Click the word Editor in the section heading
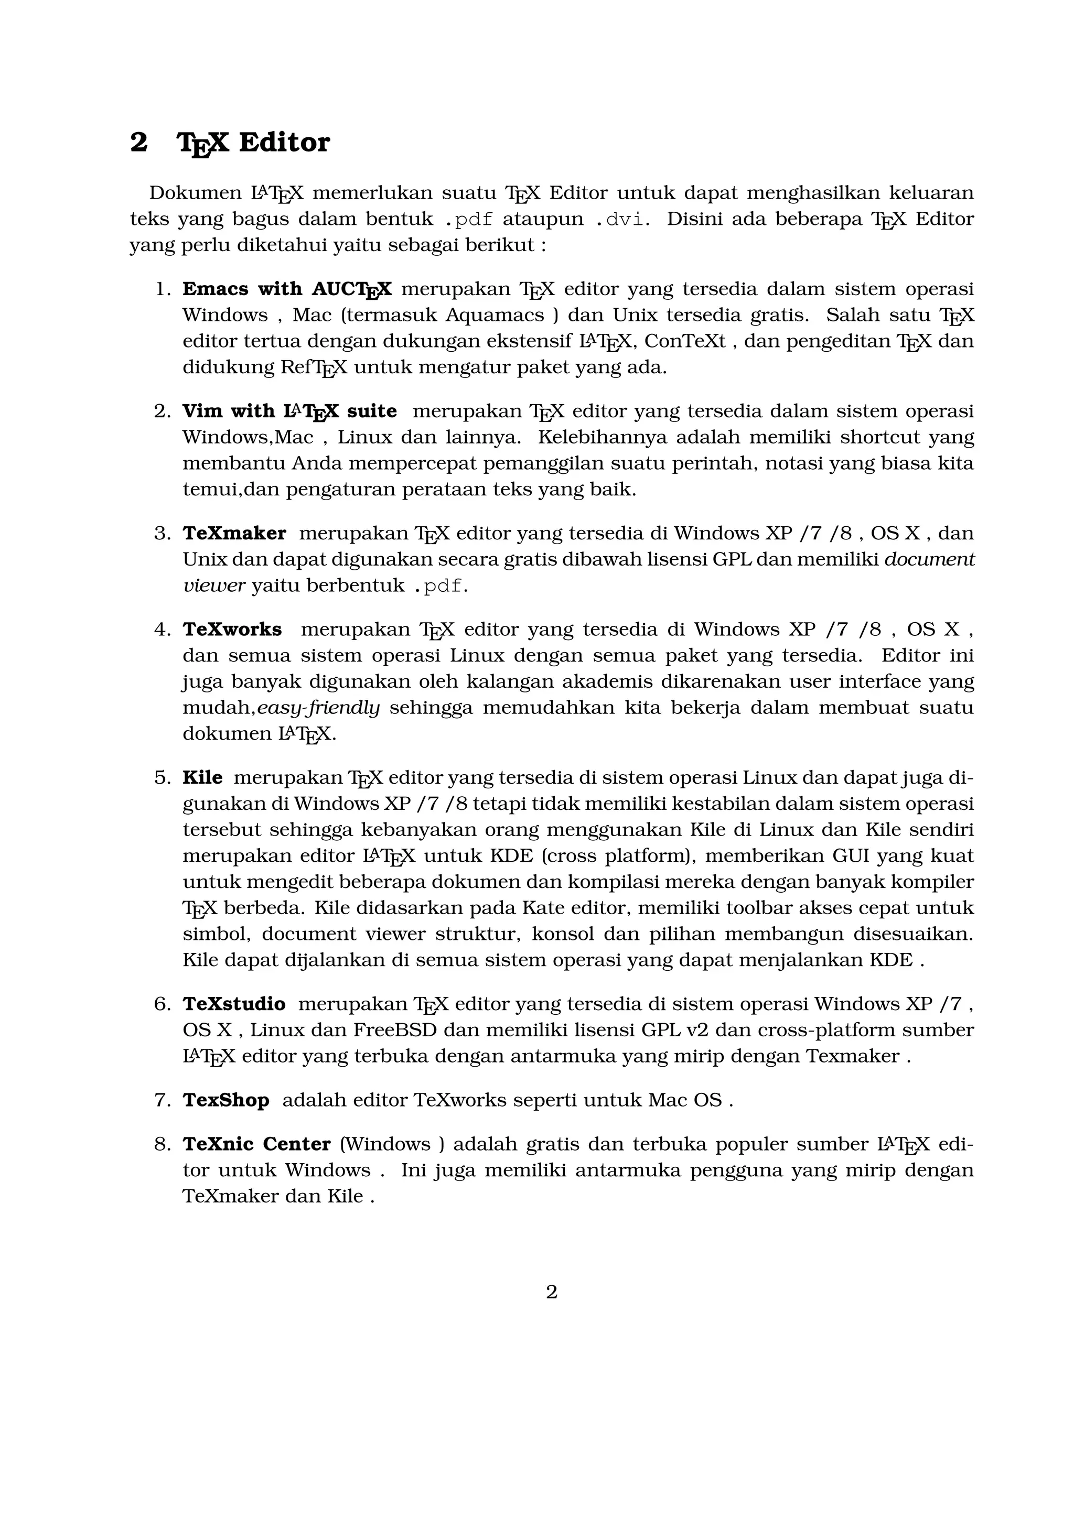(x=284, y=142)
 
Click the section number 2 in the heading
(x=138, y=142)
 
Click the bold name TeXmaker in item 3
(x=234, y=533)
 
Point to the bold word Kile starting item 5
(x=202, y=777)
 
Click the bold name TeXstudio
(x=234, y=1004)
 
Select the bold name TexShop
(x=225, y=1100)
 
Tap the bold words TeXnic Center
(x=256, y=1144)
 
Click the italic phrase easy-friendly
(x=318, y=708)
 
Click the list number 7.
(x=162, y=1100)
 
